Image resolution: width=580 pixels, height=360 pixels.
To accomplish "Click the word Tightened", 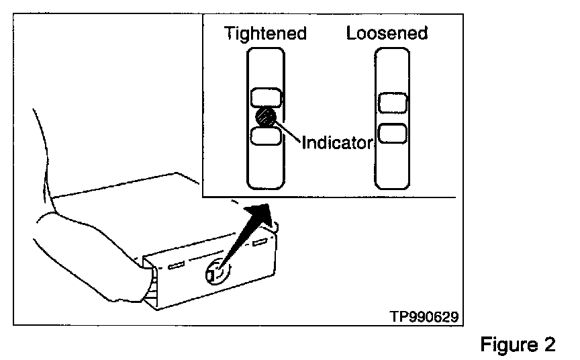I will coord(265,33).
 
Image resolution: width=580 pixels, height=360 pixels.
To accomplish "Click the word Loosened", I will coord(387,33).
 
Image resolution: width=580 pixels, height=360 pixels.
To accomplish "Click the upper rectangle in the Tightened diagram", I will coord(266,98).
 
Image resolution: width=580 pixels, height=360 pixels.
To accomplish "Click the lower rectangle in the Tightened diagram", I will coord(266,136).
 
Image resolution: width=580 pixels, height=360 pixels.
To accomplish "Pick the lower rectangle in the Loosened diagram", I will coord(393,133).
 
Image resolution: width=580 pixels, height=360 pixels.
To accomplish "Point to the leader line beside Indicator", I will coord(289,130).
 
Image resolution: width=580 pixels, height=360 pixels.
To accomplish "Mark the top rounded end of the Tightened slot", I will coord(266,59).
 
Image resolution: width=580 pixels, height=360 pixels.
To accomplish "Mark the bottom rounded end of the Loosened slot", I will coord(393,180).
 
